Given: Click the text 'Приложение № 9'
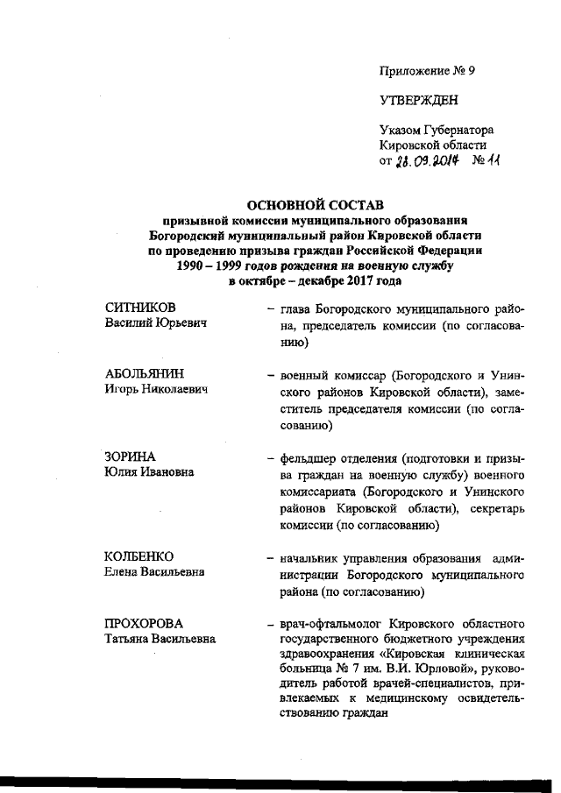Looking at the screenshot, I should pos(427,69).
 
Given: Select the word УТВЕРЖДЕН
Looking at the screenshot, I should pos(419,101).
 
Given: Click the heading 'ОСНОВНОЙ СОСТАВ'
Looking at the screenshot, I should pos(313,205).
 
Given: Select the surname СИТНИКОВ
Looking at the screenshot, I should pos(140,308).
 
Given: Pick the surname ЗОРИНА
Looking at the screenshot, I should pos(130,457).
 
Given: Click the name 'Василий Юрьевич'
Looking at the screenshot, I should pos(155,324).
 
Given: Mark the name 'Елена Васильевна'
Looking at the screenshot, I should pos(155,572).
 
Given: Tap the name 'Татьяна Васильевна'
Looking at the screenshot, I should pos(160,639).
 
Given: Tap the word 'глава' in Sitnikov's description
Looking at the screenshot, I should pos(297,308).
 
